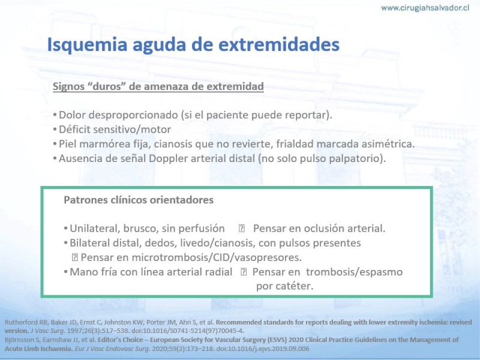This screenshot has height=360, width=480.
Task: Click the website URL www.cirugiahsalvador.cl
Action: point(425,8)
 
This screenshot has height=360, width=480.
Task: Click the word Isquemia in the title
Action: point(87,44)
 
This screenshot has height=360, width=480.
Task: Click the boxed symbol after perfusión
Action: point(242,229)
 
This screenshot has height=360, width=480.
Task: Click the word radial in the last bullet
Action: point(218,272)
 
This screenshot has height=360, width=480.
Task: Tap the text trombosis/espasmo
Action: point(354,272)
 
